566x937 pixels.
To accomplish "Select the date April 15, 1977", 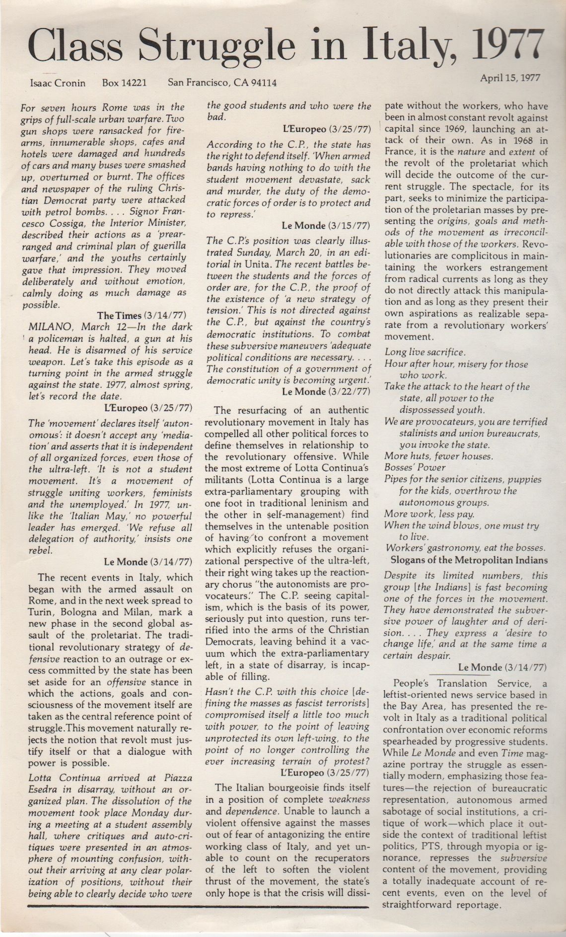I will click(x=510, y=78).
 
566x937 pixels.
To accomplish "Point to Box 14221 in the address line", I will click(x=124, y=83).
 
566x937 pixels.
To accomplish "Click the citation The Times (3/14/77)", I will click(x=141, y=316).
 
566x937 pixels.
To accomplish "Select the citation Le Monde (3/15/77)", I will click(x=326, y=226).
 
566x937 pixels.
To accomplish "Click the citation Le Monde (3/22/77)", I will click(x=326, y=391).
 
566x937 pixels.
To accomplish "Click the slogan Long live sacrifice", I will click(x=425, y=352).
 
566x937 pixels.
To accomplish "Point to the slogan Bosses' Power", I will click(x=415, y=467).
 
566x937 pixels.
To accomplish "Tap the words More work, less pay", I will click(x=429, y=514).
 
